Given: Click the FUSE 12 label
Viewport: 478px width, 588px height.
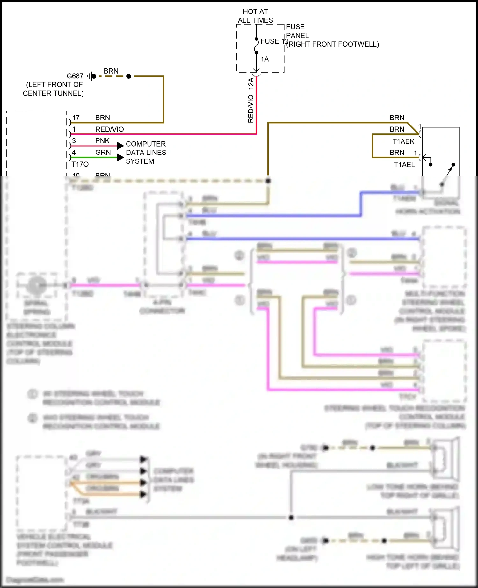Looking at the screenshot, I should [x=274, y=41].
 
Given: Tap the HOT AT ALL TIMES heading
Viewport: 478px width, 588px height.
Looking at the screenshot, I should [x=255, y=16].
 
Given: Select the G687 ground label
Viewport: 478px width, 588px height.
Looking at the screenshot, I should [x=75, y=76].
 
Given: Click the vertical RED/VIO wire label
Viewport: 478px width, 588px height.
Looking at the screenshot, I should [x=251, y=109].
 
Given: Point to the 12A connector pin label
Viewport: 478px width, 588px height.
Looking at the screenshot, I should [x=251, y=83].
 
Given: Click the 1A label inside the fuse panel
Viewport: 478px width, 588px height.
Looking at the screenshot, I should [x=265, y=59].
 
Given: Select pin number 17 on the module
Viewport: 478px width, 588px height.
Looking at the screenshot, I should [x=76, y=118].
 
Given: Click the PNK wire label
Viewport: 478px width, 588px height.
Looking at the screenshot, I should [x=102, y=141].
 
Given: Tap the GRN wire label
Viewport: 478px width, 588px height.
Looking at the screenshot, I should [x=103, y=153].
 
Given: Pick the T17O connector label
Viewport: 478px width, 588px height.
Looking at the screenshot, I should [x=80, y=164].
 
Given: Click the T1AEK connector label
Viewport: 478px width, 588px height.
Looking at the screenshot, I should [x=403, y=141].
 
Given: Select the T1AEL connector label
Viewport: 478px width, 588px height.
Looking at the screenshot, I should [x=404, y=165].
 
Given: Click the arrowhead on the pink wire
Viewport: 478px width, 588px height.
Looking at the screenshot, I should [x=120, y=146].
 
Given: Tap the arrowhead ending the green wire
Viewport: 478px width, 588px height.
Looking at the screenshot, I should [x=120, y=157].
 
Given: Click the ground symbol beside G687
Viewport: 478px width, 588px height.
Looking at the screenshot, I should [x=90, y=76].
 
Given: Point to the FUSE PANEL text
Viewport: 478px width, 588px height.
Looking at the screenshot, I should [x=297, y=31].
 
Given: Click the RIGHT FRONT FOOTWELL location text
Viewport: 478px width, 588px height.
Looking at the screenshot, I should [x=333, y=44].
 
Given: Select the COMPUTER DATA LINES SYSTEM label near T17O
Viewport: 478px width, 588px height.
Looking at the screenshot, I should [x=146, y=153].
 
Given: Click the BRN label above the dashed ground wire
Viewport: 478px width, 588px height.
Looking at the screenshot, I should [x=111, y=71].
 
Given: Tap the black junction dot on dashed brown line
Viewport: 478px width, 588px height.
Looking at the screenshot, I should [x=129, y=76].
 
